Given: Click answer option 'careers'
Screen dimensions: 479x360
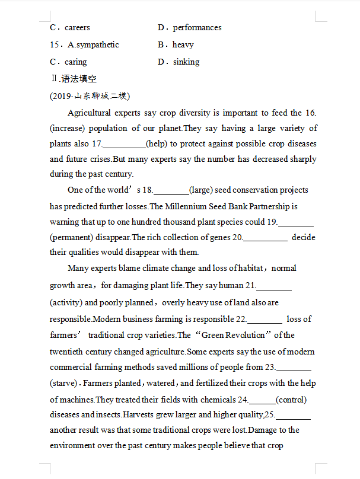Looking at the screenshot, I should (77, 27).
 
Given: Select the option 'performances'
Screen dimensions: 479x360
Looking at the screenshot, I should (197, 27).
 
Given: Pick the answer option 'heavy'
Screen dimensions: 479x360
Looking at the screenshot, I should (183, 44).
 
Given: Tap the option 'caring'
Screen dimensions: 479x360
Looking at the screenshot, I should (75, 62).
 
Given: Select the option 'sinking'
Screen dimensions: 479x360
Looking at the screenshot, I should (186, 62).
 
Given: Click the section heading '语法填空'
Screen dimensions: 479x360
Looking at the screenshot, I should (79, 78).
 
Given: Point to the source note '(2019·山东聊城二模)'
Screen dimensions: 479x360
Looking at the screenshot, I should (90, 95).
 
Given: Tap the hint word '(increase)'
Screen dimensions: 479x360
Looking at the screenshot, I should (68, 128).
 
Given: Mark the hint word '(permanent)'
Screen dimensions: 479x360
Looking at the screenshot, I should (74, 237).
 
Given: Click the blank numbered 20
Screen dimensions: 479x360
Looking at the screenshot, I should (266, 237).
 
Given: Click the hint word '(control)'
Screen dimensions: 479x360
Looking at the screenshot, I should (291, 399).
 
